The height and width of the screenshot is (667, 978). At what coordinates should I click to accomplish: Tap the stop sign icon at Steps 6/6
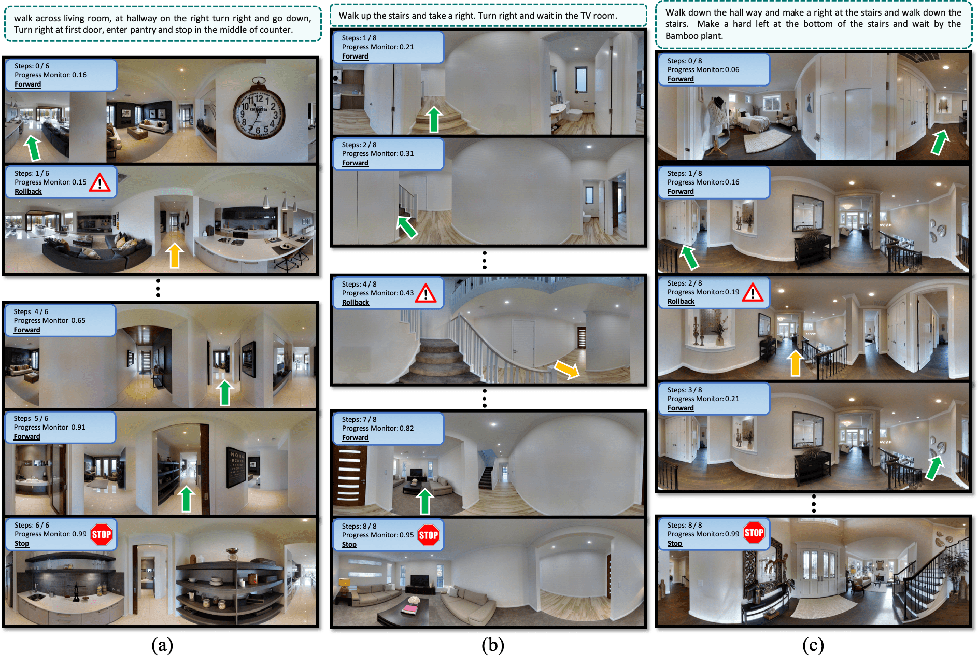pyautogui.click(x=101, y=534)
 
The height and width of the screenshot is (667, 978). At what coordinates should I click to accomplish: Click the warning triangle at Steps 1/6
pyautogui.click(x=100, y=182)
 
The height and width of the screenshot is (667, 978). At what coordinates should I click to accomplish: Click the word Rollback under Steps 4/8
pyautogui.click(x=356, y=302)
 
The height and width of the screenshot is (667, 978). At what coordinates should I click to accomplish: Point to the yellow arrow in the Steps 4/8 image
pyautogui.click(x=566, y=369)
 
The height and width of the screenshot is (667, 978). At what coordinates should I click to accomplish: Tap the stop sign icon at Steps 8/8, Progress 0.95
pyautogui.click(x=429, y=535)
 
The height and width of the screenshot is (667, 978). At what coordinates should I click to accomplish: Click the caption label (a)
pyautogui.click(x=162, y=645)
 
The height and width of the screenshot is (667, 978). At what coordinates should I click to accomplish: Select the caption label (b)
pyautogui.click(x=493, y=645)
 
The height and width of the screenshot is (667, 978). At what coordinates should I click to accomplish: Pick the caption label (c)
pyautogui.click(x=813, y=645)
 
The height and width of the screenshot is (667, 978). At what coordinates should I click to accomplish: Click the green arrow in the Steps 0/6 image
pyautogui.click(x=32, y=148)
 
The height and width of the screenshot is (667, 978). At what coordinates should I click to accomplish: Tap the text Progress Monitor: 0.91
pyautogui.click(x=50, y=427)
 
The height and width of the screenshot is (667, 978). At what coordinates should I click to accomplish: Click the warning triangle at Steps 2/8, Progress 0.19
pyautogui.click(x=753, y=292)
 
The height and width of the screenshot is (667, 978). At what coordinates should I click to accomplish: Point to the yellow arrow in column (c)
pyautogui.click(x=795, y=362)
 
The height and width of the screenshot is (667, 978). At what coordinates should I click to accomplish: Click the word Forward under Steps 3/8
pyautogui.click(x=681, y=408)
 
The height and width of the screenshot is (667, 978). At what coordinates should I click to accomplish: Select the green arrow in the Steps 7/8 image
pyautogui.click(x=425, y=501)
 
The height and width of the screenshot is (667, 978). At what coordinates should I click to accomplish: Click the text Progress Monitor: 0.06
pyautogui.click(x=703, y=69)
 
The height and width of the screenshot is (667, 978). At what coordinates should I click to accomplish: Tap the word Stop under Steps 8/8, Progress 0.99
pyautogui.click(x=674, y=543)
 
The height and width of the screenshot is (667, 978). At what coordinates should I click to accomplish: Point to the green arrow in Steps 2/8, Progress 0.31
pyautogui.click(x=407, y=226)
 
